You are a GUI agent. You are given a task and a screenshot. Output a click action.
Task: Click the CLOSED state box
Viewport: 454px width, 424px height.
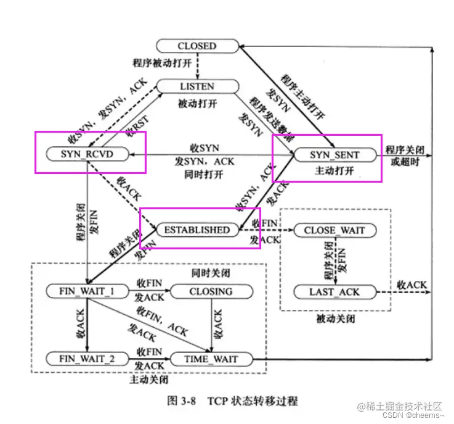(x=197, y=46)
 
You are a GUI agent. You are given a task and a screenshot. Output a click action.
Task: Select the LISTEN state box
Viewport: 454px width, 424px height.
(x=197, y=86)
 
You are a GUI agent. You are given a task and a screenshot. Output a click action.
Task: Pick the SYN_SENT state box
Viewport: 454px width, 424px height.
(x=334, y=154)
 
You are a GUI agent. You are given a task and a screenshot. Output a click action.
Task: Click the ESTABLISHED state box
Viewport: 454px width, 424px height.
(x=197, y=230)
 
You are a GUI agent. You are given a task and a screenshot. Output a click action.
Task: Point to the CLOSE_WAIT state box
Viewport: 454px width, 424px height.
(x=334, y=230)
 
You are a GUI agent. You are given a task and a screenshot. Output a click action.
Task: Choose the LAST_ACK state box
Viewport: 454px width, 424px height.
(x=334, y=291)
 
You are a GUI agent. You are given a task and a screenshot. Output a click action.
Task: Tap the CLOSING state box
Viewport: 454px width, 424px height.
(x=211, y=291)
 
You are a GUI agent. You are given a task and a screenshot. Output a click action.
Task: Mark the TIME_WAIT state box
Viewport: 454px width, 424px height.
(x=211, y=359)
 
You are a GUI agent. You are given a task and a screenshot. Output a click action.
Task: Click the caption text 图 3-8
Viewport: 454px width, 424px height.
(x=180, y=401)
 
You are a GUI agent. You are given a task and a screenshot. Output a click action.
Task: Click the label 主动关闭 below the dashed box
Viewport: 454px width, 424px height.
(x=148, y=380)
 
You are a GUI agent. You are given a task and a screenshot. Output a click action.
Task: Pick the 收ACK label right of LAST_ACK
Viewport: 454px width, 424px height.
(x=411, y=285)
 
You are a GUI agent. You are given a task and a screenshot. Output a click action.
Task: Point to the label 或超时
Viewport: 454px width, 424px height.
(x=404, y=162)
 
